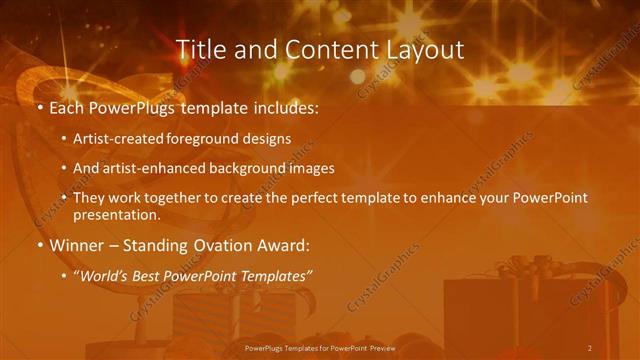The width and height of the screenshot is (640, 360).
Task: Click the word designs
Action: (x=265, y=139)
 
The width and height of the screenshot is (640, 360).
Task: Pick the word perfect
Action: (x=321, y=198)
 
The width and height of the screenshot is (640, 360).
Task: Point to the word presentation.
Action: (x=115, y=214)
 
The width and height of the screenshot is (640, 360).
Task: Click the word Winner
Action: (x=74, y=244)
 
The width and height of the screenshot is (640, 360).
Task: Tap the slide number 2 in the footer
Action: (x=589, y=347)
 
